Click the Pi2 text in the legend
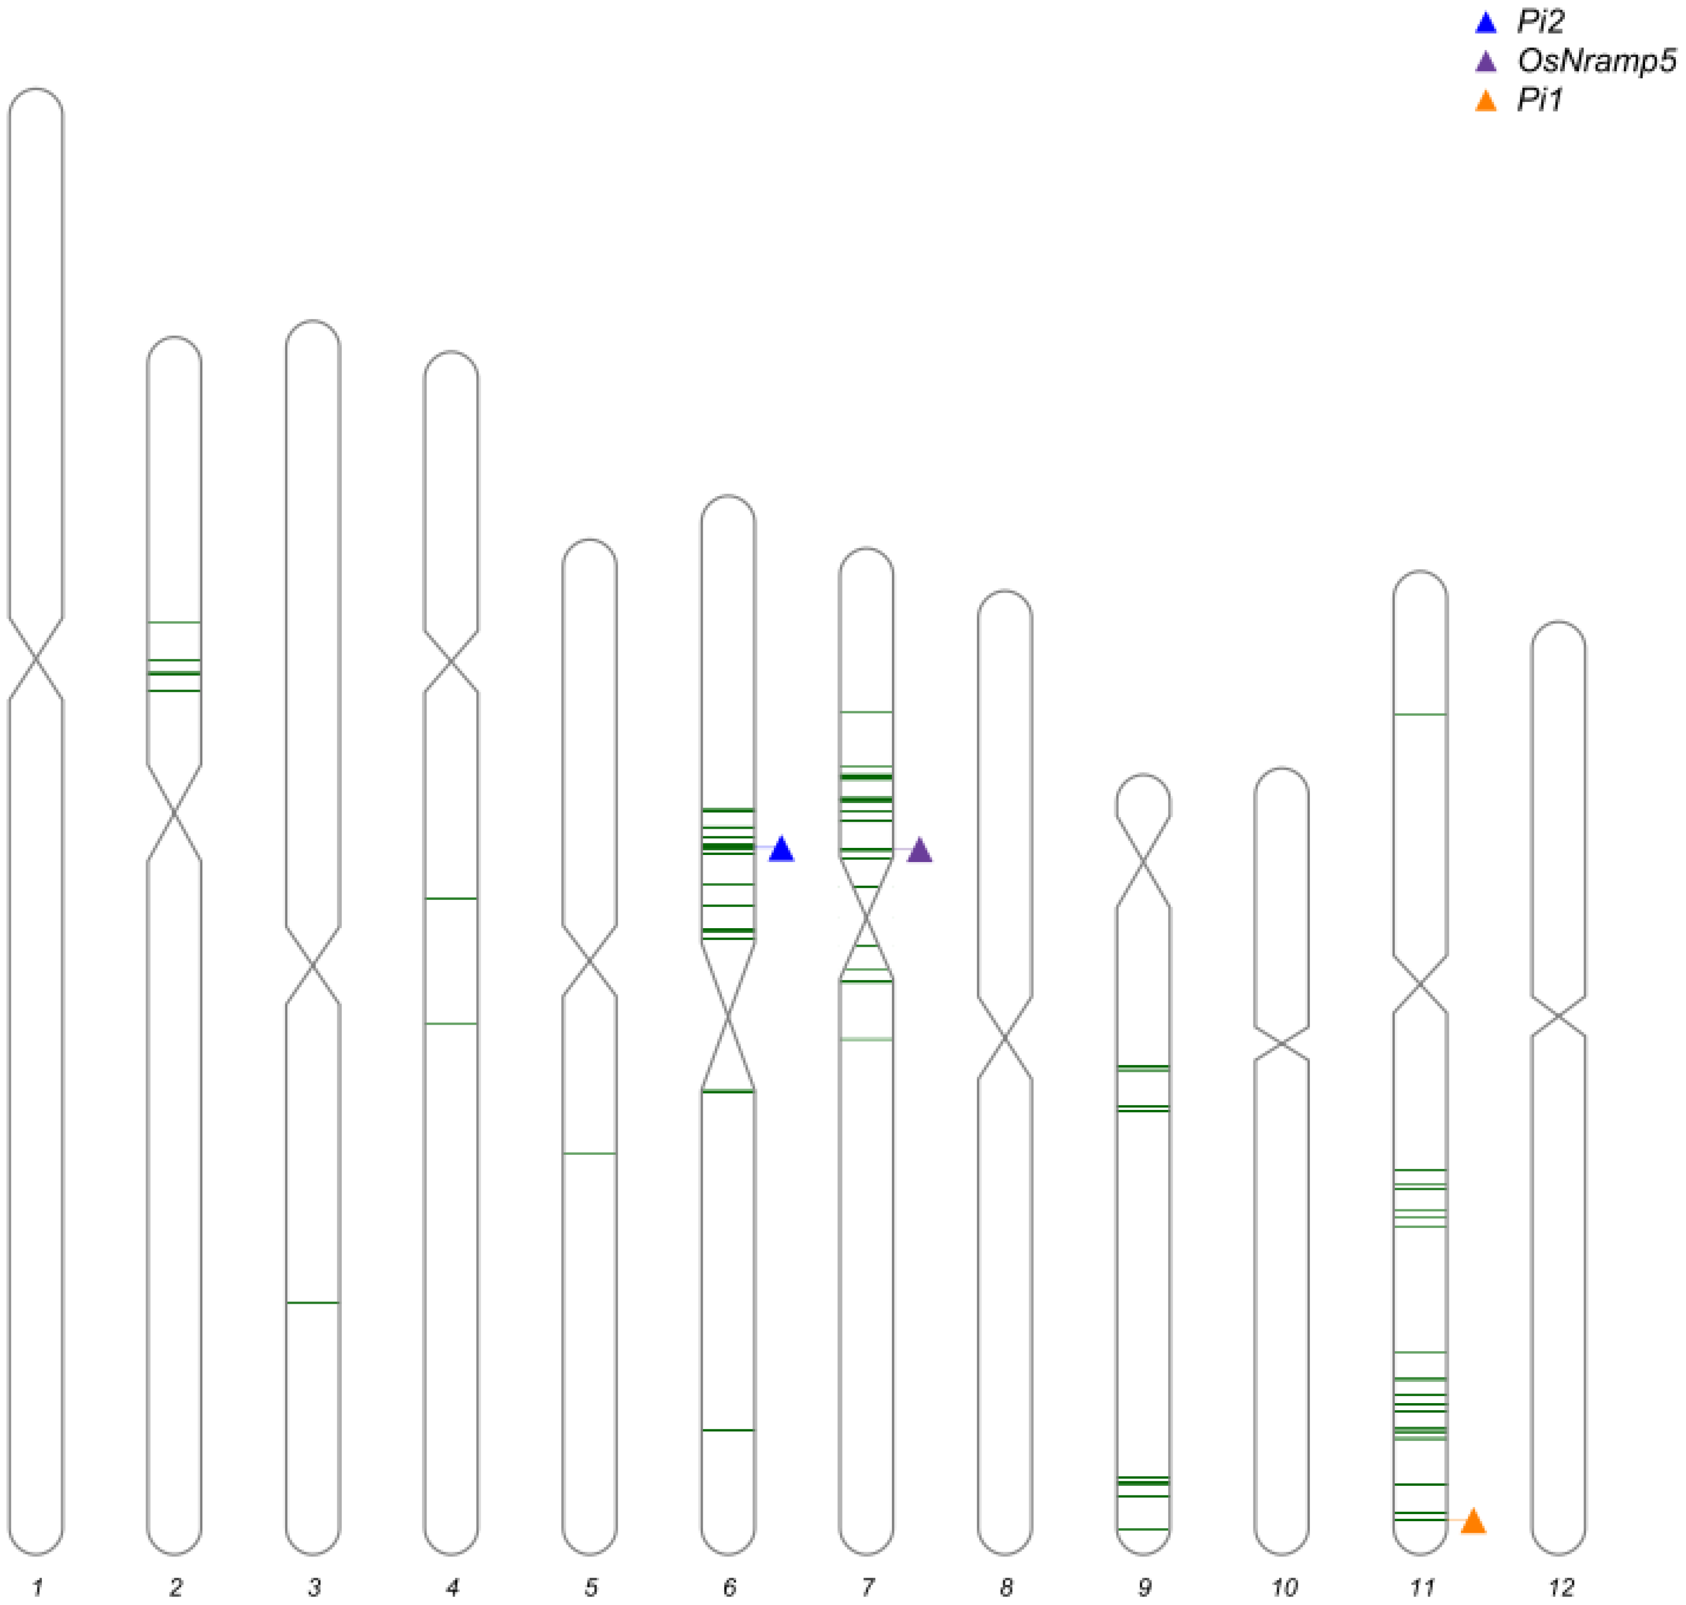pos(1541,22)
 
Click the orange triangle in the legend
pos(1487,102)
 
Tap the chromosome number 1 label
pos(37,1588)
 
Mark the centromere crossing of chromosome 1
pos(36,659)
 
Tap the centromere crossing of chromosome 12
pos(1558,1017)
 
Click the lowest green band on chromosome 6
pos(728,1430)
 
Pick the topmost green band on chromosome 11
pos(1420,714)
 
